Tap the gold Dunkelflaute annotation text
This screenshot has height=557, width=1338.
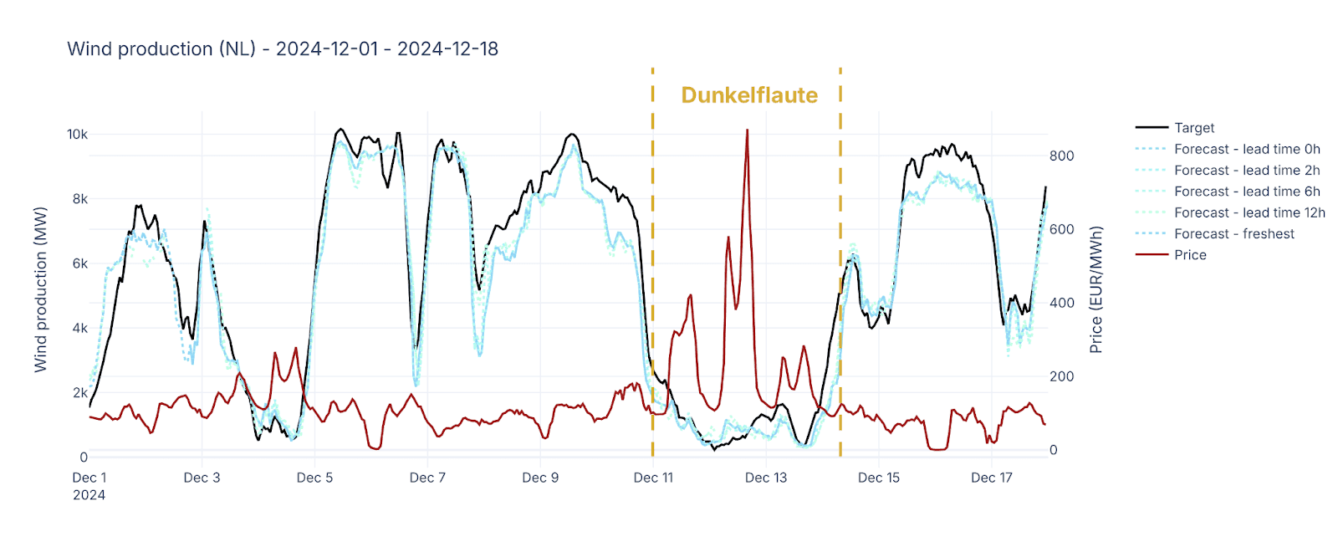[748, 95]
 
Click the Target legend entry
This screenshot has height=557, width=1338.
[1193, 128]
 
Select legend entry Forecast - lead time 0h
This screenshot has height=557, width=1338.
[1246, 149]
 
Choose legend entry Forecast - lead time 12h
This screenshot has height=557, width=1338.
[1249, 212]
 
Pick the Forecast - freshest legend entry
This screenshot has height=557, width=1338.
[1233, 234]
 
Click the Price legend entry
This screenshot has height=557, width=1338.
[1189, 255]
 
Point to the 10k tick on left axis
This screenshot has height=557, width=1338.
[77, 135]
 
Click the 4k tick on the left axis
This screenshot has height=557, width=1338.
[79, 328]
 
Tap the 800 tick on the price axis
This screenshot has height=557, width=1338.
[1061, 156]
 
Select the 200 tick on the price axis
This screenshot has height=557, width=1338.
[1061, 376]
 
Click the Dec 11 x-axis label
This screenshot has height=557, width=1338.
[653, 478]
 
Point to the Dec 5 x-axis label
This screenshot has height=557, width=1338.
[314, 478]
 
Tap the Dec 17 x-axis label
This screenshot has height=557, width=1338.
[991, 478]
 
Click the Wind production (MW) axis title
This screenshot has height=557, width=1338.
[40, 289]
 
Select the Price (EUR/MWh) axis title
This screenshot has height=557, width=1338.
[1095, 289]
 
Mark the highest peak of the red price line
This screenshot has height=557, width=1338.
[747, 130]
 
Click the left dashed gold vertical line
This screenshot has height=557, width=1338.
[652, 251]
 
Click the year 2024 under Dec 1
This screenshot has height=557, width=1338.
[89, 495]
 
